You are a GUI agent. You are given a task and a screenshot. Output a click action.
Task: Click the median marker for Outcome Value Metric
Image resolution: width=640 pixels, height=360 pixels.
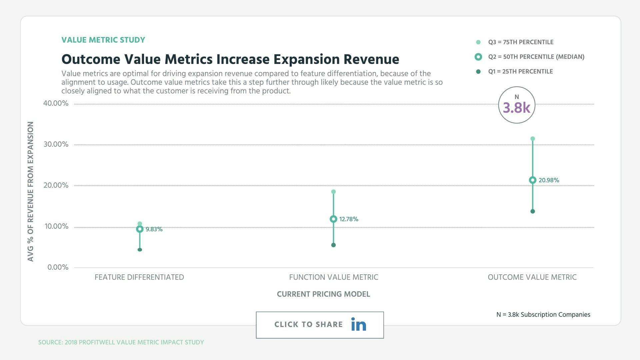(x=532, y=180)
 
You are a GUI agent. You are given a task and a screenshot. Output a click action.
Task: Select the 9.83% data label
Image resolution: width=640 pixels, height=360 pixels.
(x=154, y=229)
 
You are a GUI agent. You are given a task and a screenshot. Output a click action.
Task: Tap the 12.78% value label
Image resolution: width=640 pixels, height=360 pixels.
(x=349, y=219)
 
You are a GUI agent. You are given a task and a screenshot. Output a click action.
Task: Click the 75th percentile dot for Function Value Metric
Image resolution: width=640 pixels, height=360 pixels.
(x=333, y=192)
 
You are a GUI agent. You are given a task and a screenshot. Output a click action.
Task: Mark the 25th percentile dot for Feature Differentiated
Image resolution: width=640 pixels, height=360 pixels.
(x=140, y=250)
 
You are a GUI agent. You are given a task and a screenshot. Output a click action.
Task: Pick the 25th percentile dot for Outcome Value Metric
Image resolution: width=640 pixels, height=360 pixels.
(x=532, y=211)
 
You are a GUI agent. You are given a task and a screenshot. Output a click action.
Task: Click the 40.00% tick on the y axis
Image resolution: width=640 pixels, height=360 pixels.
(x=56, y=103)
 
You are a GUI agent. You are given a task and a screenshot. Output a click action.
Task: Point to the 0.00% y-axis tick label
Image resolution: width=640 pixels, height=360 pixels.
(x=58, y=267)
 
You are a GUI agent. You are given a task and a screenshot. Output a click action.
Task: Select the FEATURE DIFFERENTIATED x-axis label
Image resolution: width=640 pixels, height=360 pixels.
(x=139, y=277)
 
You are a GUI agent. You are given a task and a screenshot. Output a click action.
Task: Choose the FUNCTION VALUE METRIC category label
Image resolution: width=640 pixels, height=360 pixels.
(x=333, y=277)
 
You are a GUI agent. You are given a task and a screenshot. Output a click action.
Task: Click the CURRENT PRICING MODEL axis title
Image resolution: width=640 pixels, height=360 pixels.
(x=323, y=294)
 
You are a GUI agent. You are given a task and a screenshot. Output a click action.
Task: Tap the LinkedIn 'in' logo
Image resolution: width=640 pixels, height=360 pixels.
(x=358, y=324)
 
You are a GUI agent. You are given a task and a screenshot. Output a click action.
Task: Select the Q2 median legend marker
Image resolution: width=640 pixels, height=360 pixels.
(x=478, y=57)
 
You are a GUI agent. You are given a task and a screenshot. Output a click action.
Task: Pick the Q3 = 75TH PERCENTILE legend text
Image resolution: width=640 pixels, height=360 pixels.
(x=521, y=42)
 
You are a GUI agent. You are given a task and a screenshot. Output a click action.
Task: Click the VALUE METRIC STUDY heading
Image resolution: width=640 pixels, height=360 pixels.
(x=103, y=40)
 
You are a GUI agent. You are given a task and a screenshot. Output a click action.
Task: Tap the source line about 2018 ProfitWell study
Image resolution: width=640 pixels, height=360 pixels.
(x=121, y=342)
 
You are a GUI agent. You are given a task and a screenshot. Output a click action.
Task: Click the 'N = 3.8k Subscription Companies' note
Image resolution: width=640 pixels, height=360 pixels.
(x=543, y=315)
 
